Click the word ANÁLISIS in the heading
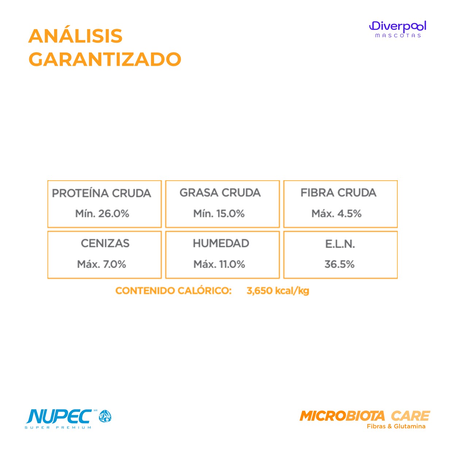pyautogui.click(x=75, y=36)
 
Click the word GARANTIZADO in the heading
pyautogui.click(x=105, y=59)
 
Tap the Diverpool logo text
pyautogui.click(x=398, y=26)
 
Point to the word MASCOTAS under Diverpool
pyautogui.click(x=398, y=36)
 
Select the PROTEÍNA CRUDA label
pyautogui.click(x=101, y=193)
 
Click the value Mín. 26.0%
pyautogui.click(x=102, y=213)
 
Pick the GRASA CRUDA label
pyautogui.click(x=220, y=192)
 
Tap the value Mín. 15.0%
pyautogui.click(x=219, y=213)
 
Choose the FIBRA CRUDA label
pyautogui.click(x=338, y=192)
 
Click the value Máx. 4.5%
pyautogui.click(x=336, y=213)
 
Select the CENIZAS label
pyautogui.click(x=105, y=243)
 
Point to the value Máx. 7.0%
pyautogui.click(x=101, y=264)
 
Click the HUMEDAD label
pyautogui.click(x=221, y=243)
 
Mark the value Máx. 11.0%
pyautogui.click(x=219, y=264)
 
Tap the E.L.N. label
pyautogui.click(x=340, y=244)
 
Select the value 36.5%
pyautogui.click(x=340, y=264)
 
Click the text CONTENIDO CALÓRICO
pyautogui.click(x=174, y=290)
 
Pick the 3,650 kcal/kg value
pyautogui.click(x=278, y=291)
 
